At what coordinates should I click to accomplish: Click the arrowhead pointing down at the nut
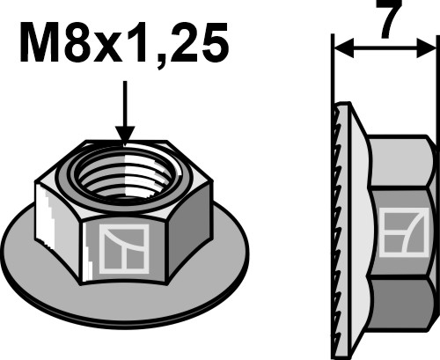point(126,133)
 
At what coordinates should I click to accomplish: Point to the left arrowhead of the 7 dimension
point(341,50)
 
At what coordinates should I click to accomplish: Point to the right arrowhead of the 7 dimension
point(430,50)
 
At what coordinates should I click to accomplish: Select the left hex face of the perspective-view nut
point(53,216)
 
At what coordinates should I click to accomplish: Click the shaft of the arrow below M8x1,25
point(126,101)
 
